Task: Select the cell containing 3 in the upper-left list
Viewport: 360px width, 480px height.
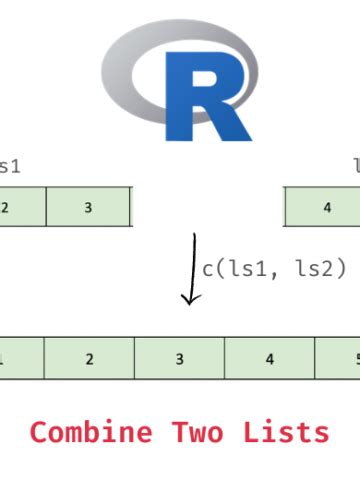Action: click(x=88, y=207)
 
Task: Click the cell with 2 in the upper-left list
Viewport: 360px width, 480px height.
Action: click(x=20, y=207)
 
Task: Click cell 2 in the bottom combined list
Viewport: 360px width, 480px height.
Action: click(x=89, y=358)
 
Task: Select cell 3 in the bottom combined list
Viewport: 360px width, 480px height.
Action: click(x=179, y=358)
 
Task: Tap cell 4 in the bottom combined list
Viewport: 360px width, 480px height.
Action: click(x=269, y=358)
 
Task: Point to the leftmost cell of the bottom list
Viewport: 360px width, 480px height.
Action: click(x=20, y=358)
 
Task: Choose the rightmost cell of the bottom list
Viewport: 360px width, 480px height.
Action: click(x=339, y=358)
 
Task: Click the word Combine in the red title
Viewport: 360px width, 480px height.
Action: click(x=92, y=432)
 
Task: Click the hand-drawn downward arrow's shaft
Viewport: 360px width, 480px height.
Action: click(x=189, y=265)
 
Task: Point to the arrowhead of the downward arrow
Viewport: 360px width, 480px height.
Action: click(x=187, y=299)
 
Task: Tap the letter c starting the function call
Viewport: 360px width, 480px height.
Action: click(x=207, y=269)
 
